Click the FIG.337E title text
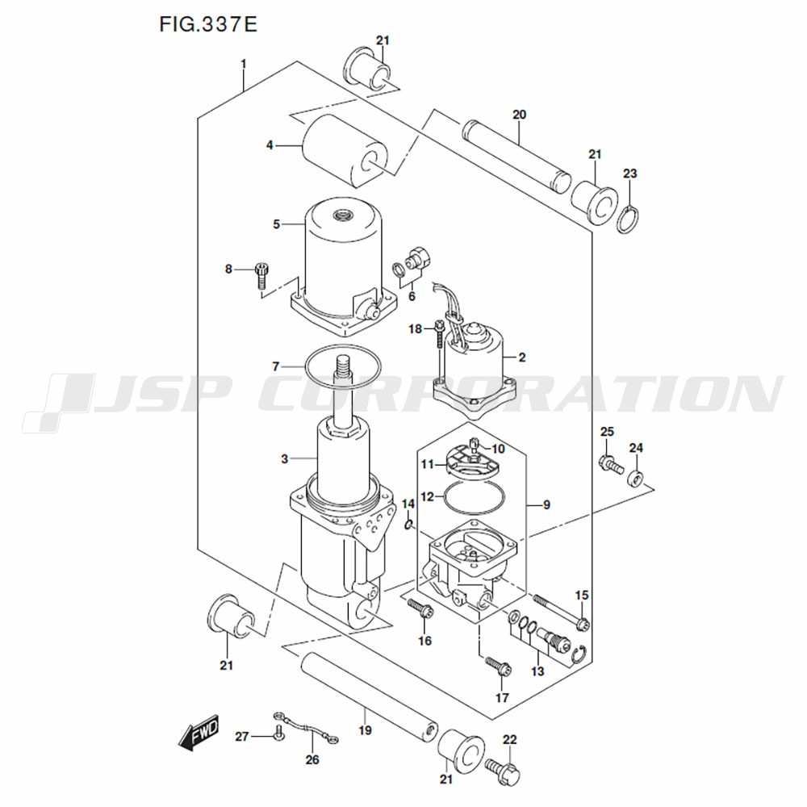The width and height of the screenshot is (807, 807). pyautogui.click(x=208, y=24)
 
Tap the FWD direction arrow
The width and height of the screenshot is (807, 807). pyautogui.click(x=199, y=731)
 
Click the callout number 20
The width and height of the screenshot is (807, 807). pyautogui.click(x=519, y=115)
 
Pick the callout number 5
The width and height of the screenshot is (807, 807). pyautogui.click(x=276, y=224)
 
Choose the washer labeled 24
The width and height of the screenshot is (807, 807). pyautogui.click(x=635, y=478)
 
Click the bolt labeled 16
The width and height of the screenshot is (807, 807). pyautogui.click(x=420, y=608)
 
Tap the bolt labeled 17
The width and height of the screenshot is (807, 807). pyautogui.click(x=498, y=666)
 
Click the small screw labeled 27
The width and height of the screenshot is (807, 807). pyautogui.click(x=278, y=733)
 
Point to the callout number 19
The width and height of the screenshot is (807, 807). pyautogui.click(x=365, y=730)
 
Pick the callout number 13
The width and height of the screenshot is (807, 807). pyautogui.click(x=537, y=671)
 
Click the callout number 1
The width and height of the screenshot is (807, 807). pyautogui.click(x=244, y=64)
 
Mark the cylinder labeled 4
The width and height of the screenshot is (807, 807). pyautogui.click(x=342, y=151)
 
